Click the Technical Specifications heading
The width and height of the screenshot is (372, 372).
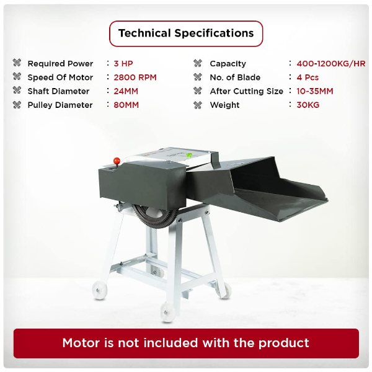pyautogui.click(x=186, y=33)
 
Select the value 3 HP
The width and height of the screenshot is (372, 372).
pyautogui.click(x=123, y=64)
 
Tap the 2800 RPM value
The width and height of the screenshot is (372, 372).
pyautogui.click(x=135, y=77)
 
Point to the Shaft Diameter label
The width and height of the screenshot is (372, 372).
pyautogui.click(x=58, y=91)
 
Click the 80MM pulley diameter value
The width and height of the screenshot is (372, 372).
pyautogui.click(x=126, y=105)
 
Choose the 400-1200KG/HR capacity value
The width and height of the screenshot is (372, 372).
pyautogui.click(x=331, y=64)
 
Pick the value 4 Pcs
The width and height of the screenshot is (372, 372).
pyautogui.click(x=308, y=77)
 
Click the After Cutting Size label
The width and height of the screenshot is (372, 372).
pyautogui.click(x=247, y=91)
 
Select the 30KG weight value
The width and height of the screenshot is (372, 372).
pyautogui.click(x=308, y=105)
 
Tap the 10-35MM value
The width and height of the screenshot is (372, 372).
pyautogui.click(x=315, y=91)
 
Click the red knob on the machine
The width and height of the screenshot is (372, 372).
pyautogui.click(x=117, y=161)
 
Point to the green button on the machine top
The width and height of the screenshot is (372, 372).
pyautogui.click(x=189, y=156)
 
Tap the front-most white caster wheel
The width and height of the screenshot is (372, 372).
pyautogui.click(x=167, y=312)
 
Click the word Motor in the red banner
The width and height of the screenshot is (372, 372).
pyautogui.click(x=81, y=343)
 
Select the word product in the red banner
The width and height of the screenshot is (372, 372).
pyautogui.click(x=283, y=343)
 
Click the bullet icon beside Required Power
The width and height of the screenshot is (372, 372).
pyautogui.click(x=17, y=63)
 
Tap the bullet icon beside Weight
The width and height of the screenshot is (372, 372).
pyautogui.click(x=198, y=105)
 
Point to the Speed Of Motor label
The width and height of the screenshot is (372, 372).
pyautogui.click(x=60, y=77)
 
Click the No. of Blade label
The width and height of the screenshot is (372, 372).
pyautogui.click(x=235, y=77)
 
